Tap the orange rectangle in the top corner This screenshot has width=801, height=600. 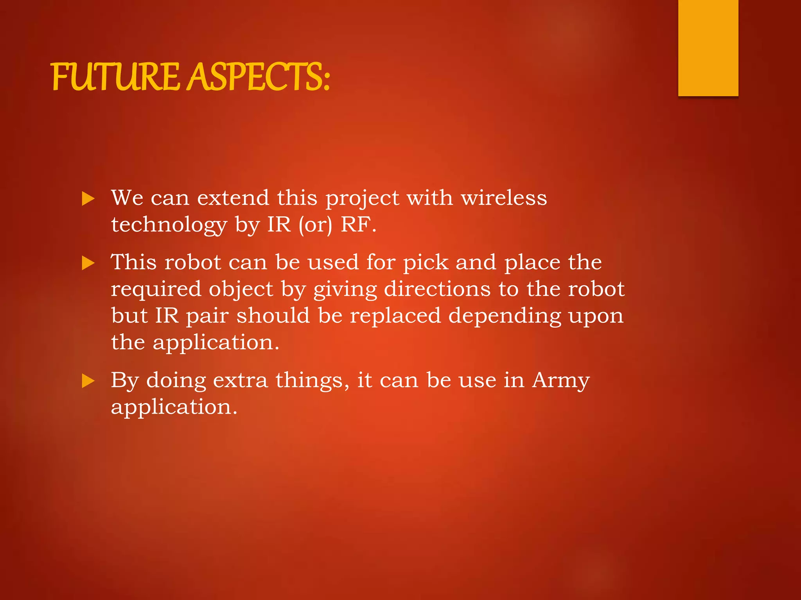708,48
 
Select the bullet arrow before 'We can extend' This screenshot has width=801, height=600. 88,199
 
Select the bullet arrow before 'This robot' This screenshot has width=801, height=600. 88,263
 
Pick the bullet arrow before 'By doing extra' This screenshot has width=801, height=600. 88,381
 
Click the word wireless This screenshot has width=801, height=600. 504,198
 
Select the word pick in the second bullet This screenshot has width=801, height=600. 426,262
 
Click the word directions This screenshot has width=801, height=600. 437,289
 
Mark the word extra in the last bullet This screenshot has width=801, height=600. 240,380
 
